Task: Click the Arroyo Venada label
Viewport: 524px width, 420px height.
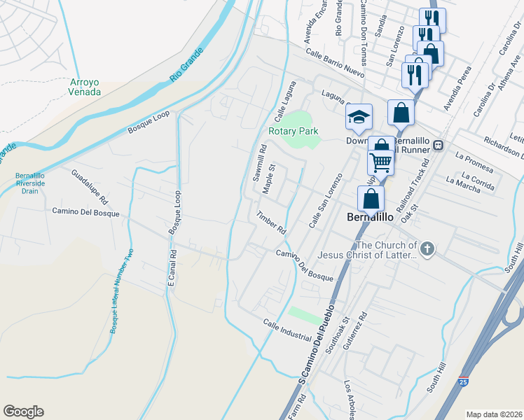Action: pyautogui.click(x=85, y=87)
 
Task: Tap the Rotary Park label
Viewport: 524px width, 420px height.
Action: pyautogui.click(x=293, y=131)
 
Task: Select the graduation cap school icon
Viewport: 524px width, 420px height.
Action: pyautogui.click(x=359, y=116)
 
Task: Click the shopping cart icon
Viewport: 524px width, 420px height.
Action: pyautogui.click(x=380, y=162)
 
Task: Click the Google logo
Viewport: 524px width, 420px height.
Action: pyautogui.click(x=23, y=412)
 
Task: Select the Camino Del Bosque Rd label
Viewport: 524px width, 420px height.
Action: pyautogui.click(x=85, y=211)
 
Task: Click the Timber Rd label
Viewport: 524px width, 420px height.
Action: pyautogui.click(x=272, y=223)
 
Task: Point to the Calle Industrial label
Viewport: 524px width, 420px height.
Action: pyautogui.click(x=287, y=330)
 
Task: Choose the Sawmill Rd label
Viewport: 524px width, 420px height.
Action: pyautogui.click(x=260, y=162)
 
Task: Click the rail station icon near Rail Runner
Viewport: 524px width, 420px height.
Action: pyautogui.click(x=438, y=145)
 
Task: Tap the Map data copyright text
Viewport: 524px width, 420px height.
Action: pyautogui.click(x=494, y=414)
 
